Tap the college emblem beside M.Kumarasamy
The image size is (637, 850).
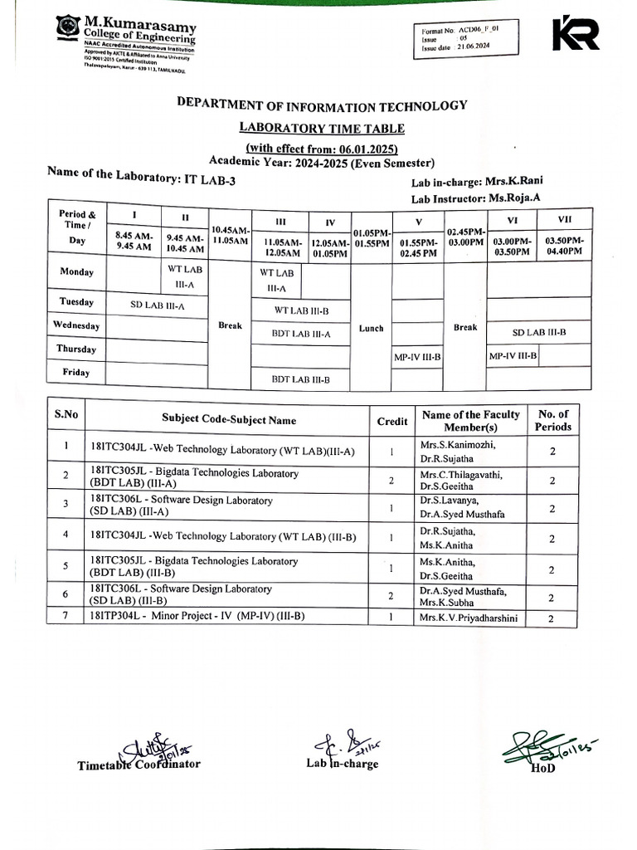pyautogui.click(x=68, y=27)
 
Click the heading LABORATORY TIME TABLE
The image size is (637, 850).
pyautogui.click(x=321, y=128)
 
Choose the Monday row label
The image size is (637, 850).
pyautogui.click(x=77, y=271)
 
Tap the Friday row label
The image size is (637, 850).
pyautogui.click(x=75, y=373)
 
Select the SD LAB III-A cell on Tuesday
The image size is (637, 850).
pyautogui.click(x=158, y=305)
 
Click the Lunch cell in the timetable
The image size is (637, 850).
pyautogui.click(x=371, y=329)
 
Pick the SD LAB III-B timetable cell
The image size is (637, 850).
pyautogui.click(x=538, y=332)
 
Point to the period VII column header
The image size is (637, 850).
pyautogui.click(x=564, y=218)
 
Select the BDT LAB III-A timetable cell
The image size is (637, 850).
pyautogui.click(x=301, y=334)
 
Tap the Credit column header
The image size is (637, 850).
pyautogui.click(x=392, y=421)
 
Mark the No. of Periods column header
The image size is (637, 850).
pyautogui.click(x=553, y=421)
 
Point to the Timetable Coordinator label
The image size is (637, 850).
pyautogui.click(x=139, y=765)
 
